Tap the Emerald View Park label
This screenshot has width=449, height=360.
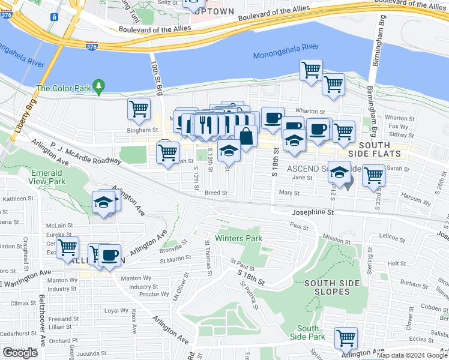point(47,177)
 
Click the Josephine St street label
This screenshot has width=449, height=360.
point(312,212)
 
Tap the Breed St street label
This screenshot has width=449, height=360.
point(215,193)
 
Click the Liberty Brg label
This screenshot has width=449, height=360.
point(28,118)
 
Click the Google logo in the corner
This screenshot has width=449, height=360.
point(20,353)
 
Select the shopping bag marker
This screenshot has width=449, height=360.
point(246,136)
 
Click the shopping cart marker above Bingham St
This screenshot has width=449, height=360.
point(139,109)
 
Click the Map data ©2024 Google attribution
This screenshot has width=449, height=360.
point(412,356)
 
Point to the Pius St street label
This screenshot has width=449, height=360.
point(298,226)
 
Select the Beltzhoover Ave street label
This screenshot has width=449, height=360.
point(42,324)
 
